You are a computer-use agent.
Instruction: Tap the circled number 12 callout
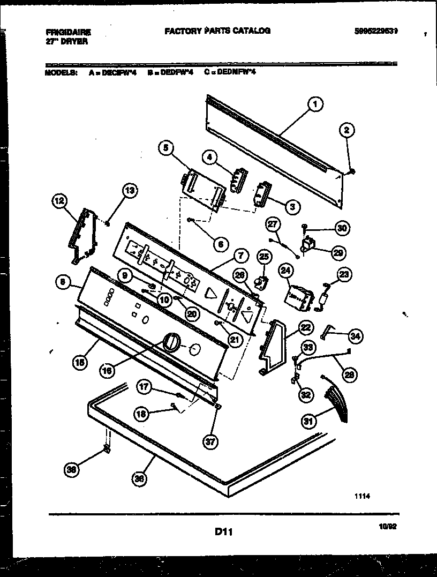point(59,202)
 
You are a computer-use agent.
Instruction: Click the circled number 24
point(285,271)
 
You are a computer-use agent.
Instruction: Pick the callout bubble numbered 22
point(305,326)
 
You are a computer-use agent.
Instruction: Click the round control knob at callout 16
point(171,342)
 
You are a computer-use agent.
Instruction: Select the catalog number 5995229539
point(376,31)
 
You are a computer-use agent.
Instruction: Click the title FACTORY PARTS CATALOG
point(217,31)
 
